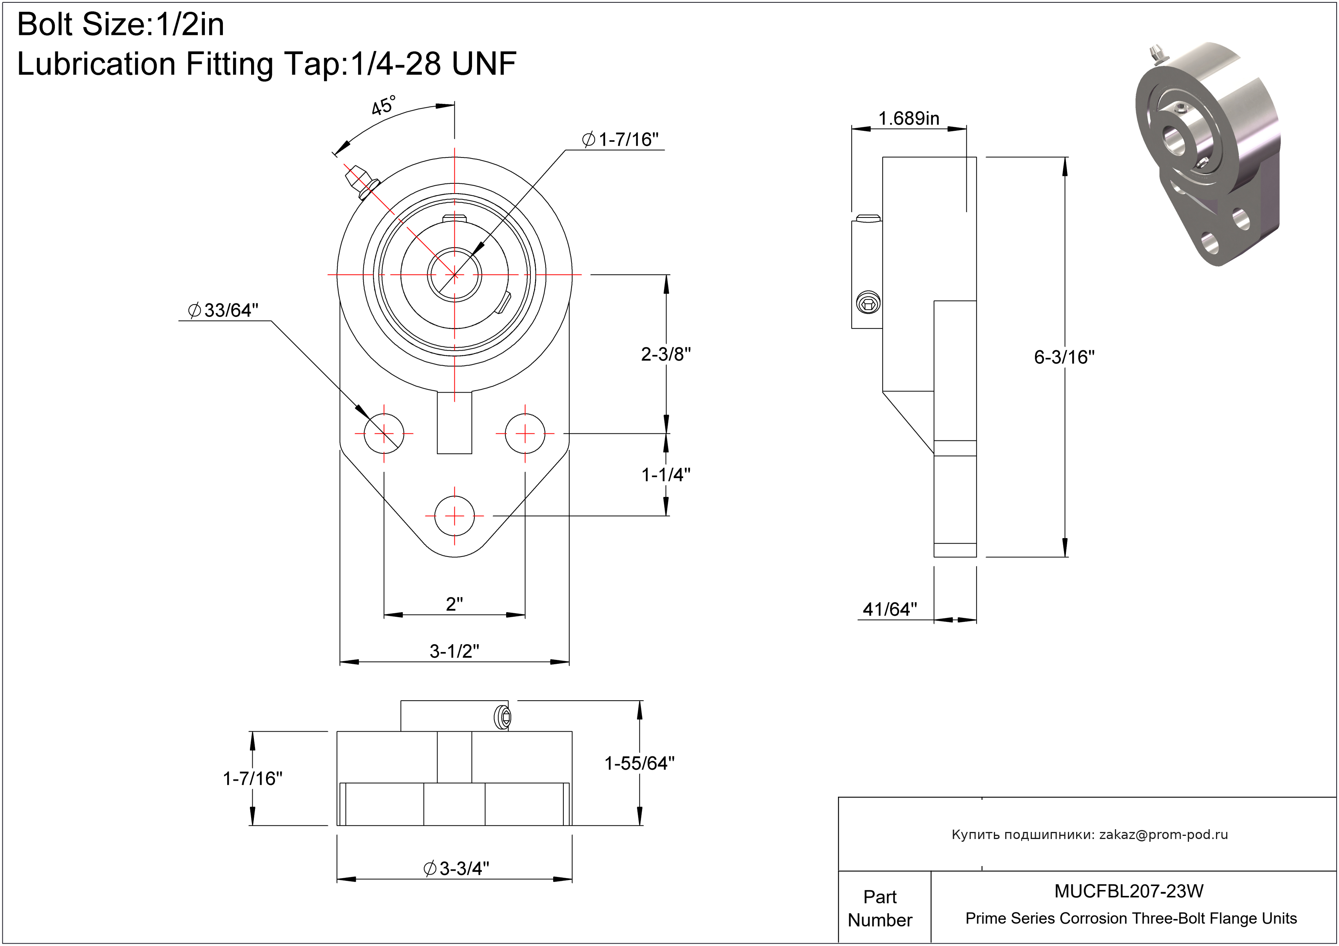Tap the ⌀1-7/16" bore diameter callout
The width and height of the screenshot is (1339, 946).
click(x=621, y=140)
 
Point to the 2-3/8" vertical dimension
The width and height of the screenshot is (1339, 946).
click(x=666, y=354)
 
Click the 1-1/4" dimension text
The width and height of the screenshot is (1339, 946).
click(x=666, y=475)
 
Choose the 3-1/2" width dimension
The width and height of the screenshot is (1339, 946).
click(x=454, y=651)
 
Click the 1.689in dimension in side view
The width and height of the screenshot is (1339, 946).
click(x=908, y=118)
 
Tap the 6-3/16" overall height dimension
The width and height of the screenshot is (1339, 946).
click(x=1064, y=357)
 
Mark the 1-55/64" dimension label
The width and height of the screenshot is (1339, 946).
click(x=639, y=763)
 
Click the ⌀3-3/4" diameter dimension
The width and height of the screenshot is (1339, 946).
click(x=456, y=868)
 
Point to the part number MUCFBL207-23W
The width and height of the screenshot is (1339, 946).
click(x=1129, y=891)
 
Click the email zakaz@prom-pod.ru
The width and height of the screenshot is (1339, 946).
click(x=1163, y=835)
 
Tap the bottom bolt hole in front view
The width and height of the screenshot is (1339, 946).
click(x=454, y=516)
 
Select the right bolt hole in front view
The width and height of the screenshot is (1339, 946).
click(x=525, y=433)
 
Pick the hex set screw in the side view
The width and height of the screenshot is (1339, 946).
click(x=868, y=303)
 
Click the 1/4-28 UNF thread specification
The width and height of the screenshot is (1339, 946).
click(x=433, y=63)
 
